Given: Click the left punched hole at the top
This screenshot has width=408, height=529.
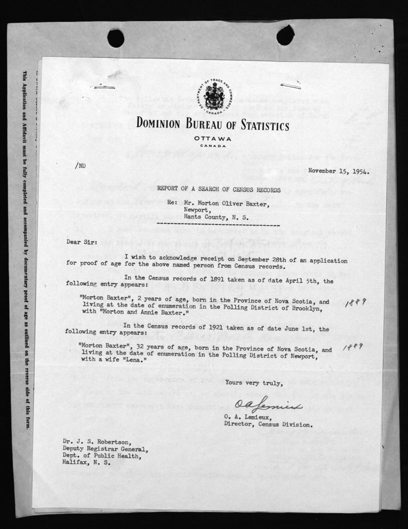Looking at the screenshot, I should [x=115, y=38].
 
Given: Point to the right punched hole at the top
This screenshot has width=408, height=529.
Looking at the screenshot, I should [x=285, y=35].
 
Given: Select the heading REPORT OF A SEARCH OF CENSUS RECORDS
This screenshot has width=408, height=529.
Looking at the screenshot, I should [x=219, y=190].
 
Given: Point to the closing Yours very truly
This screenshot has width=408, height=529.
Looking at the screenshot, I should [x=254, y=383].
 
